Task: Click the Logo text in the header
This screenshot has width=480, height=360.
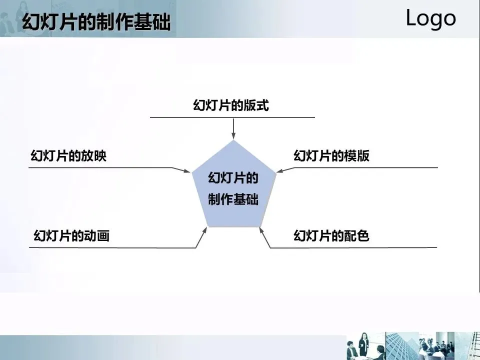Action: [x=430, y=18]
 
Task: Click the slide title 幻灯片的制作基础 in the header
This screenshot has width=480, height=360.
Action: [x=96, y=22]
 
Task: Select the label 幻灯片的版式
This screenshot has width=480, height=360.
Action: [x=231, y=106]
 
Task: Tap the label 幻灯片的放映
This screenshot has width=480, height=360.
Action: [x=68, y=156]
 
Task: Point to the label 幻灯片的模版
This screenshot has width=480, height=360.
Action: [x=331, y=156]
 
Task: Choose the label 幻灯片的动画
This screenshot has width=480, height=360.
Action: [x=71, y=235]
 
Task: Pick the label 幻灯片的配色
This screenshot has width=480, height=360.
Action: [x=331, y=235]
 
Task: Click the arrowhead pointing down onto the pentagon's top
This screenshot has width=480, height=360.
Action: [x=233, y=136]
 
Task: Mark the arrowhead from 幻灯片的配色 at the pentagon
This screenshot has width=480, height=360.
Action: [x=261, y=230]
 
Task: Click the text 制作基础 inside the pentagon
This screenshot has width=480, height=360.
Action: [x=233, y=199]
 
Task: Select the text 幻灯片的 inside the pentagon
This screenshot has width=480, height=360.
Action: [x=233, y=178]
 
